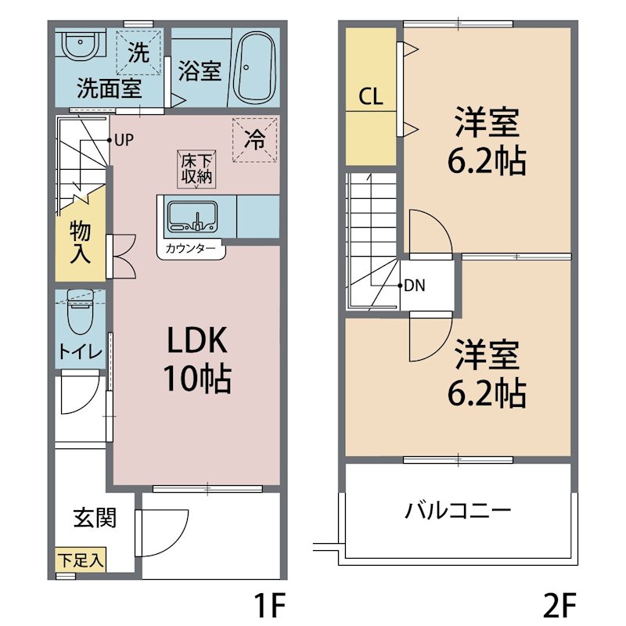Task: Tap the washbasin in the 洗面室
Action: click(x=81, y=48)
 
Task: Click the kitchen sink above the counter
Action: click(x=192, y=216)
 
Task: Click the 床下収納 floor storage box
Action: click(x=196, y=169)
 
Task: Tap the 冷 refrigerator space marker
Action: click(x=255, y=140)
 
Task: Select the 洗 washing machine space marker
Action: click(x=139, y=53)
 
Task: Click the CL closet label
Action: click(x=371, y=97)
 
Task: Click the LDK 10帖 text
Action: click(x=196, y=360)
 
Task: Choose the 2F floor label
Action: click(x=558, y=604)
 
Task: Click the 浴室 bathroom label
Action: click(x=200, y=71)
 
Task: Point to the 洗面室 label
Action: click(x=109, y=88)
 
